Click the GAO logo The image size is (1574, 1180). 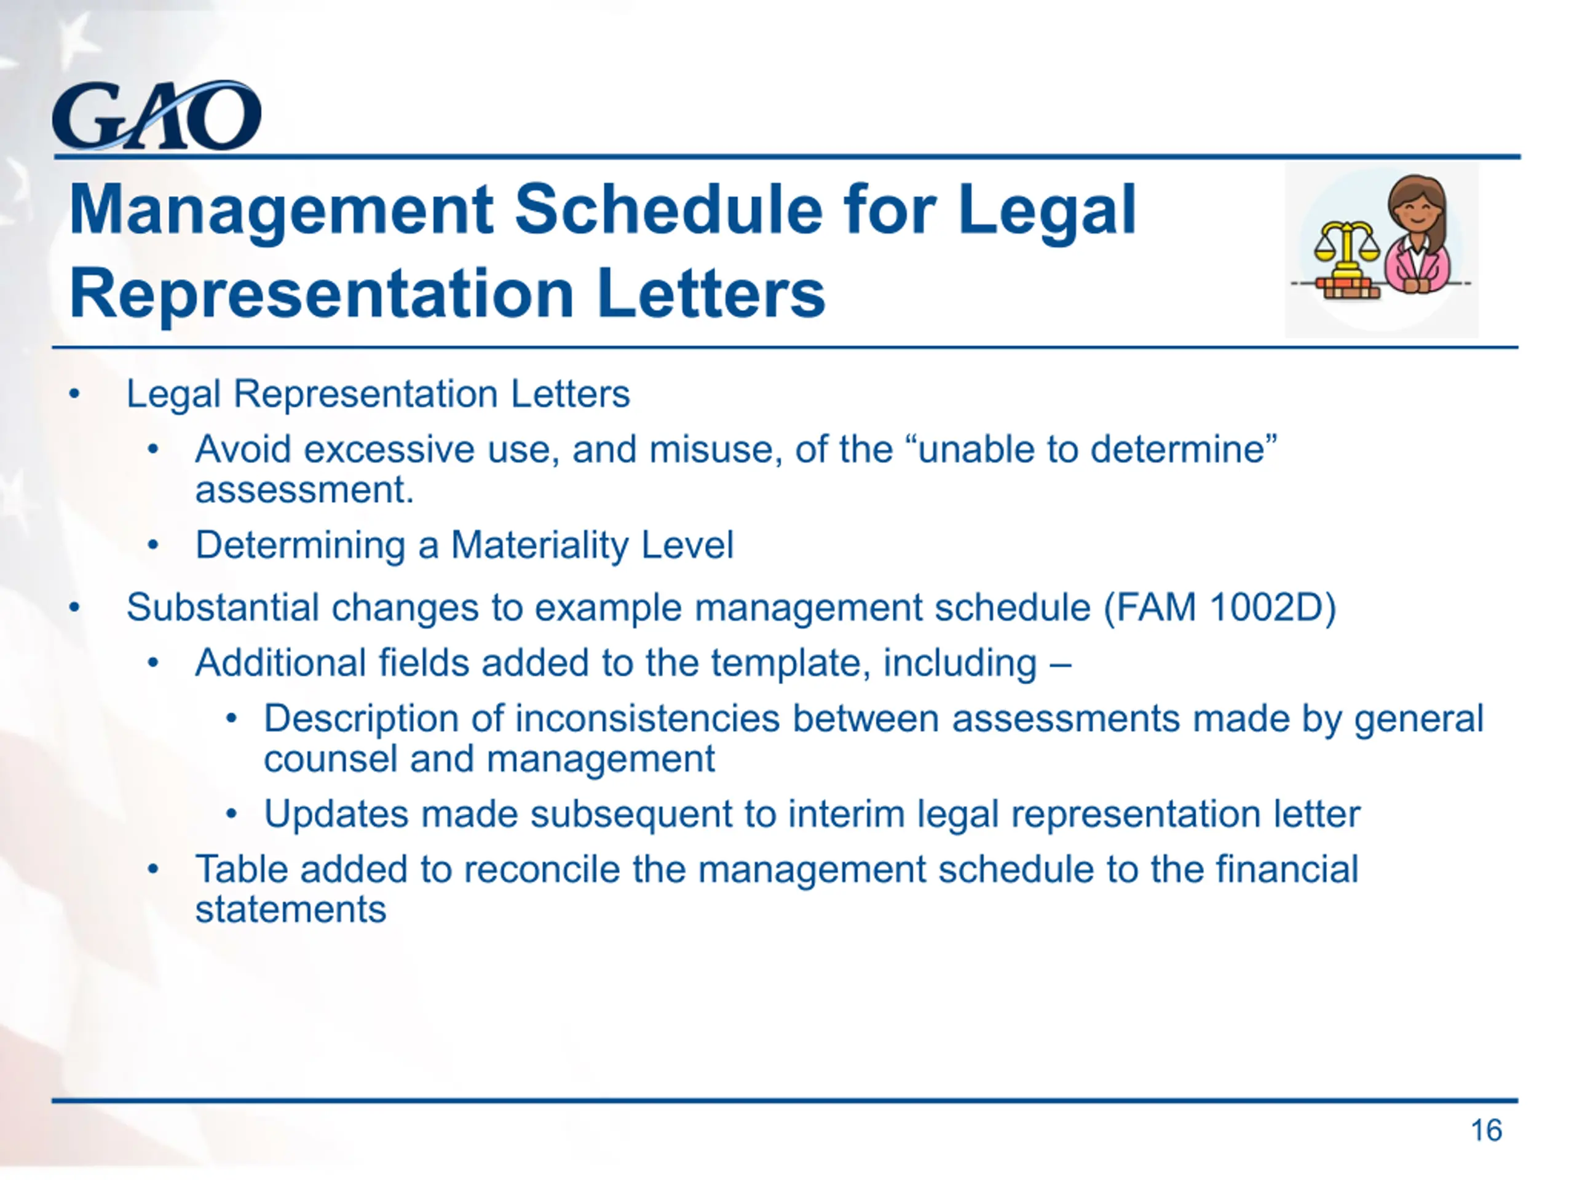click(157, 115)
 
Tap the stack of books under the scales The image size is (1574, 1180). click(1348, 288)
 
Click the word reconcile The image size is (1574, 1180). click(541, 869)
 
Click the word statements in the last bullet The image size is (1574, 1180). click(291, 910)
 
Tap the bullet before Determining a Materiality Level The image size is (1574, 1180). click(153, 546)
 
